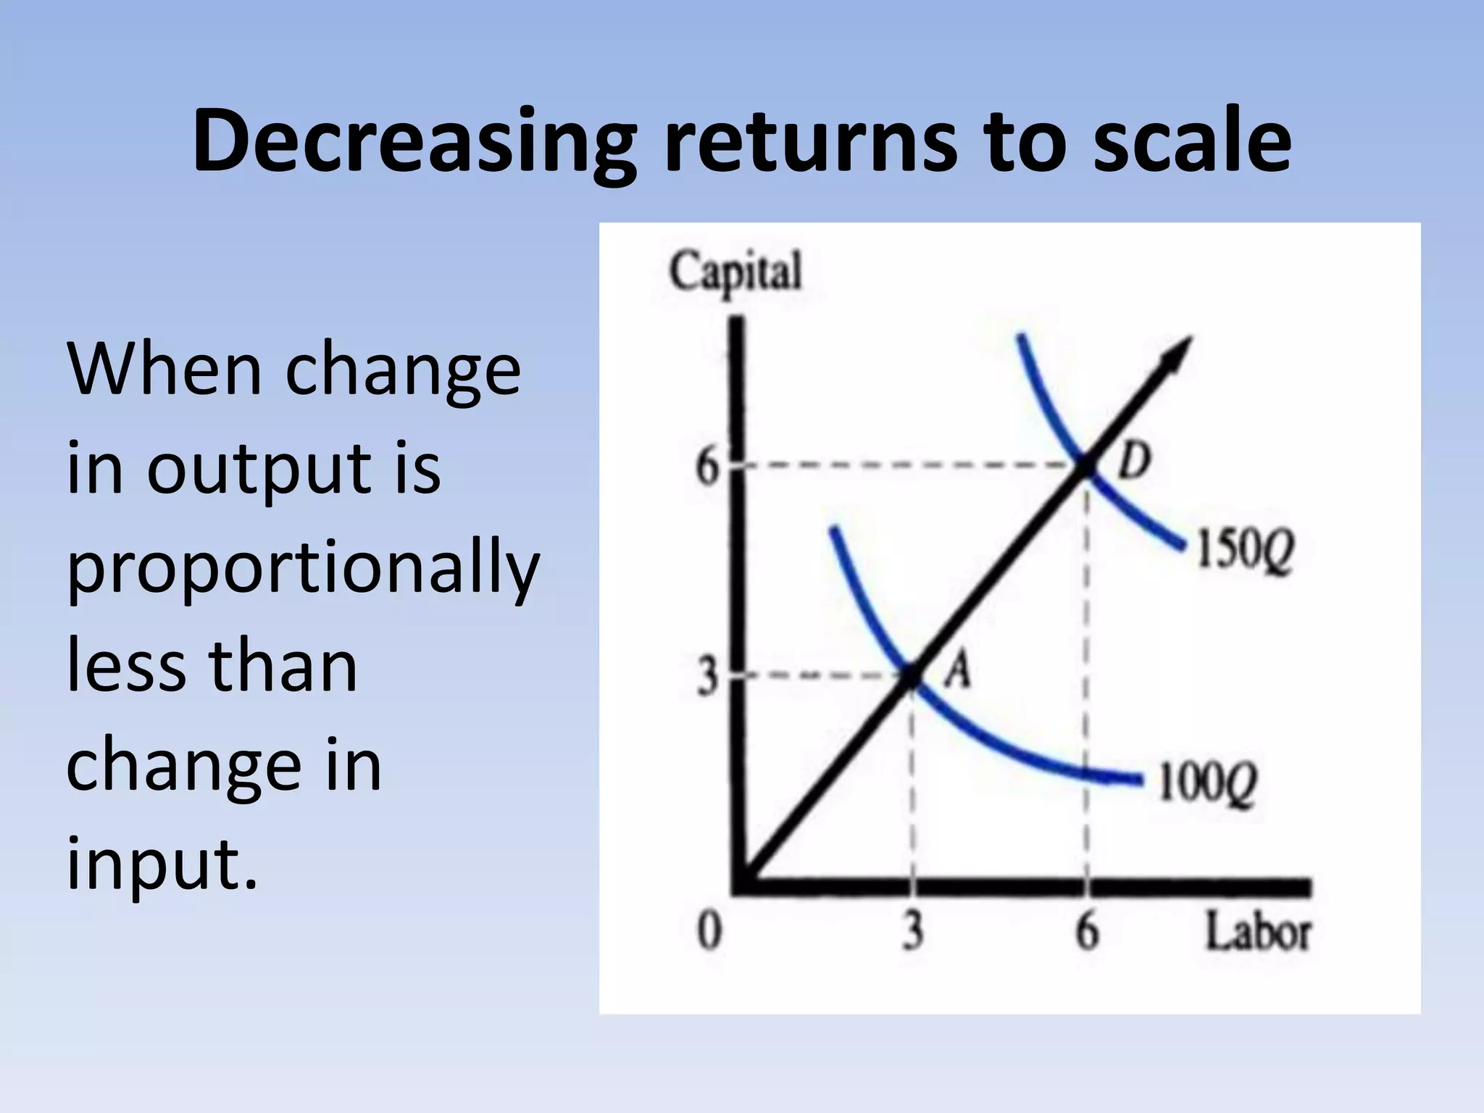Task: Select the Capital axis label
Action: [x=735, y=272]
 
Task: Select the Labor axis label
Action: [x=1258, y=932]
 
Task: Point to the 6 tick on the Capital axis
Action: [x=708, y=466]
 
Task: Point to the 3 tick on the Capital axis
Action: [x=708, y=677]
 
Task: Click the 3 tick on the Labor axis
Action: [x=913, y=930]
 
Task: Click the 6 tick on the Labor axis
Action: [x=1087, y=930]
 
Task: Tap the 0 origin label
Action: [x=709, y=930]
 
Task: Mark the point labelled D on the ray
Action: [x=1087, y=466]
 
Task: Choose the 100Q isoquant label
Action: [x=1207, y=783]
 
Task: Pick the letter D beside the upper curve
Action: [x=1134, y=461]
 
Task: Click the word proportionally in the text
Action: [x=303, y=568]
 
